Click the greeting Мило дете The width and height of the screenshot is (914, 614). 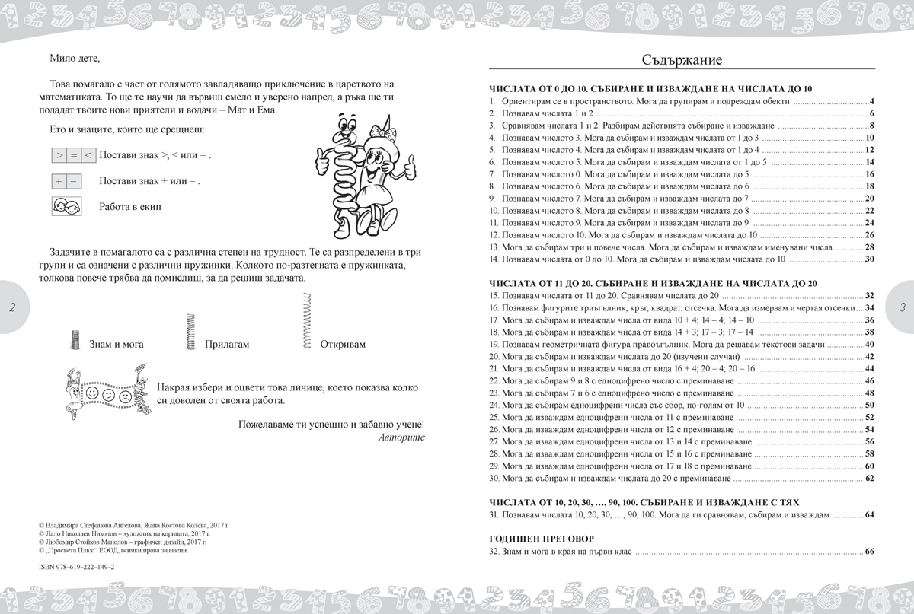pos(75,58)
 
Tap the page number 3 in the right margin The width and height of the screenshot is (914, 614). pos(902,307)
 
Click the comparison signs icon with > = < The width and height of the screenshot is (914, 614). pos(73,156)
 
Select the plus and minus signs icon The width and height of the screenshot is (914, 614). pos(66,182)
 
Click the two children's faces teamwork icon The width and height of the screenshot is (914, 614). pos(66,206)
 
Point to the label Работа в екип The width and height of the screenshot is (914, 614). pos(130,207)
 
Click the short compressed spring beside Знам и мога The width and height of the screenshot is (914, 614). pos(75,340)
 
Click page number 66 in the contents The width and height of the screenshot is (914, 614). pos(869,552)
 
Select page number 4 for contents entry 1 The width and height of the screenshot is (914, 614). pos(871,101)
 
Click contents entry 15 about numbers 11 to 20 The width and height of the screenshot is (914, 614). pos(609,295)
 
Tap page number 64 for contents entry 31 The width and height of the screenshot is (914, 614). pos(869,516)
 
